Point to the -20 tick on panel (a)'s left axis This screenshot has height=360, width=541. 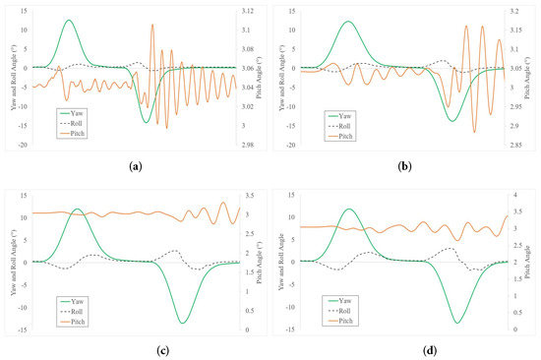pos(14,145)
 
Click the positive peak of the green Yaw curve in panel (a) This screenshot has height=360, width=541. pos(68,20)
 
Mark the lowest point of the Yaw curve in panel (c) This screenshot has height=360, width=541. pos(183,322)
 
